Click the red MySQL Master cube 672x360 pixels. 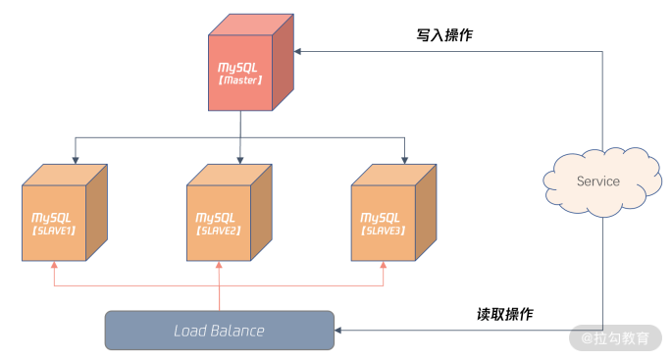tap(251, 62)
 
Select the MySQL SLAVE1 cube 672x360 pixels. tap(65, 213)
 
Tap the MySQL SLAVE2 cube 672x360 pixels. tap(230, 213)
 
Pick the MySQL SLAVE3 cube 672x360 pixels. tap(393, 213)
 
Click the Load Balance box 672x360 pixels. tap(220, 331)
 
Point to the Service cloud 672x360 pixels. tap(602, 181)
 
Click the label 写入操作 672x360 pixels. tap(444, 35)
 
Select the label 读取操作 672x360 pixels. tap(505, 314)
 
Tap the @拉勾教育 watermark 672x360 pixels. tap(615, 338)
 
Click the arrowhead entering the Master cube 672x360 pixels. tap(297, 51)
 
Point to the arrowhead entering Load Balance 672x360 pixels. tap(337, 331)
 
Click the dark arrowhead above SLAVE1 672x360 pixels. tap(76, 160)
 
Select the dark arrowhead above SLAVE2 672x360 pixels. tap(240, 160)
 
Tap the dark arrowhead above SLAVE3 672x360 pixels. tap(404, 160)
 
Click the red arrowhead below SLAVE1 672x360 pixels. tap(54, 265)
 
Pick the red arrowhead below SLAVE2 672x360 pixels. tap(219, 265)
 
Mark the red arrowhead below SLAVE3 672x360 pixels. tap(384, 265)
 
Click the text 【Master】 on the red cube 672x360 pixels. tap(240, 80)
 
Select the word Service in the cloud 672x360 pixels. tap(598, 181)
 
